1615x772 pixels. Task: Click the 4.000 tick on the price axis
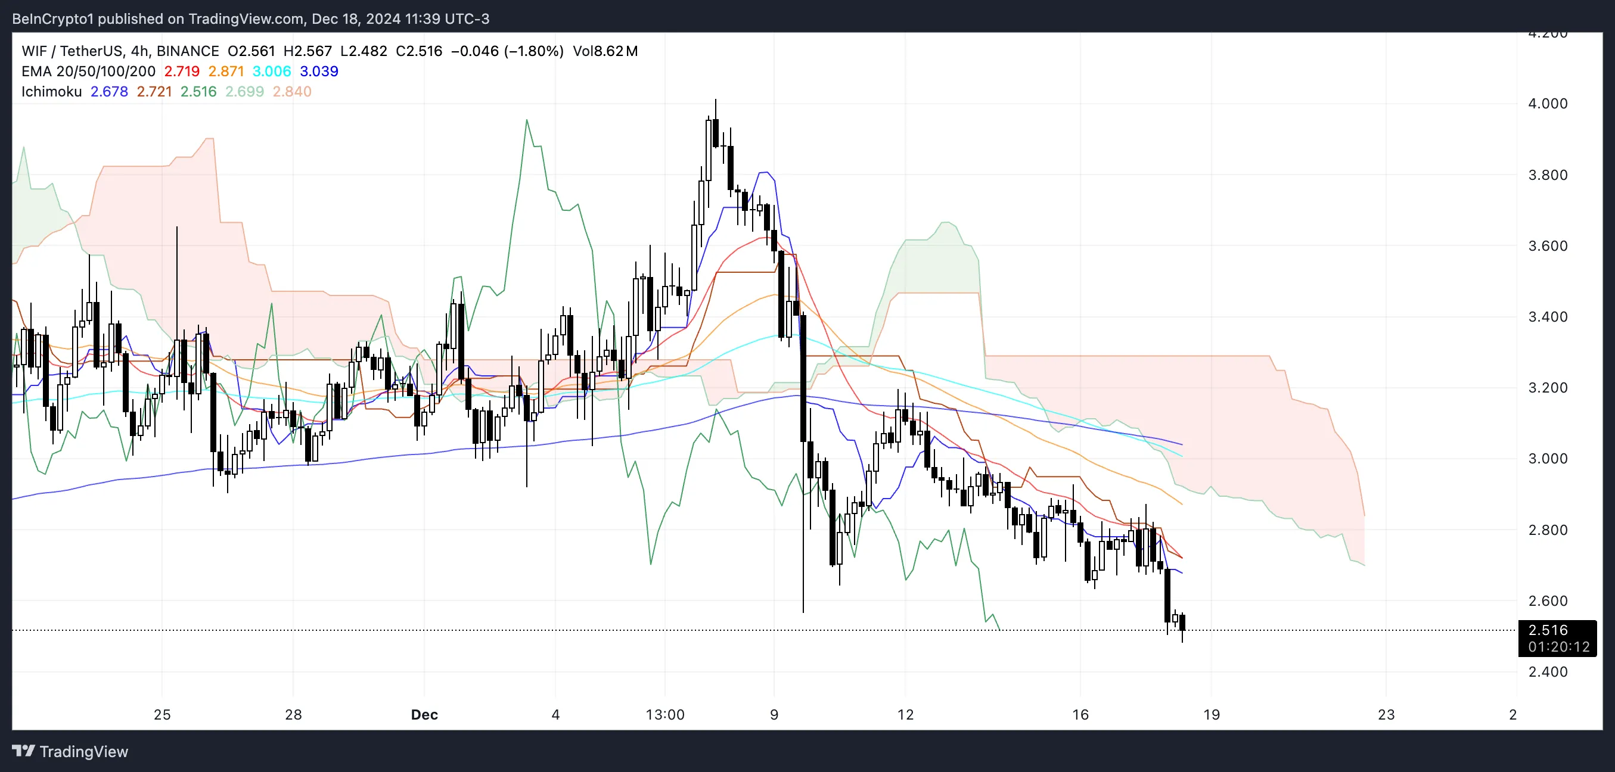(1547, 104)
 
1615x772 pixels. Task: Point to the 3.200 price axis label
(1547, 387)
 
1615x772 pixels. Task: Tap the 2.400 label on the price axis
(1547, 672)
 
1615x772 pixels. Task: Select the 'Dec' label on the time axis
(424, 714)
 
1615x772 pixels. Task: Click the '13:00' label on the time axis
(665, 714)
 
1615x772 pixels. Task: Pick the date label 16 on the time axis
(1080, 714)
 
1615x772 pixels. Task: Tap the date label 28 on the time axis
(293, 714)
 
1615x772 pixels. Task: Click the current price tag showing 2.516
(1548, 630)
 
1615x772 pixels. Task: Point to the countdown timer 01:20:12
(1558, 647)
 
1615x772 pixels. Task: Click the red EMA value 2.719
(182, 71)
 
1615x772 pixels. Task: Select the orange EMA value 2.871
(226, 71)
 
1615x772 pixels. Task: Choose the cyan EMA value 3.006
(272, 71)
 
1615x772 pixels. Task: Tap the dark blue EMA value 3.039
(319, 71)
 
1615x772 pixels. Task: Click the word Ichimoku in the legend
(51, 92)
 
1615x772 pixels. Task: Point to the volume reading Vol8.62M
(605, 51)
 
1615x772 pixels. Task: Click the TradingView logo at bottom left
(70, 751)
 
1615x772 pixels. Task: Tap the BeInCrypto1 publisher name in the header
(52, 19)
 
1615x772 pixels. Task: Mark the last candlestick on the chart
(1182, 623)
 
